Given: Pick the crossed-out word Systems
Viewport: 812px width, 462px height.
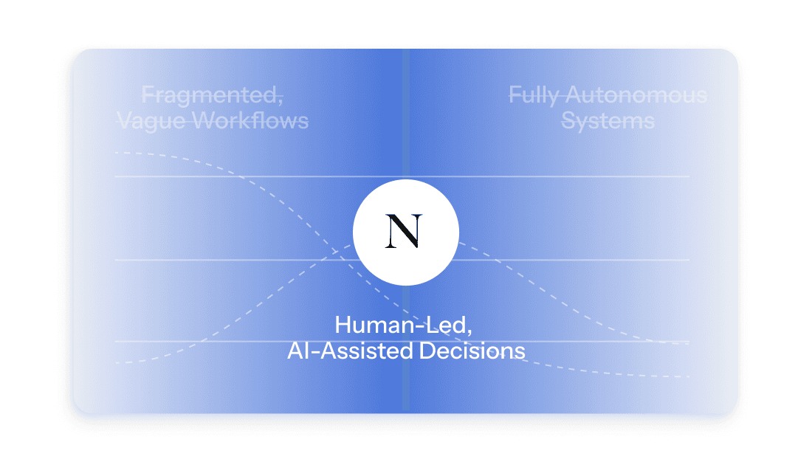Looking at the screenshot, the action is click(x=608, y=120).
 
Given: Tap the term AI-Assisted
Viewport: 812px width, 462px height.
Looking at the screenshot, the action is click(x=349, y=350).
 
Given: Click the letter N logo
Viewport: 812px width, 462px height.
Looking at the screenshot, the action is click(x=405, y=231).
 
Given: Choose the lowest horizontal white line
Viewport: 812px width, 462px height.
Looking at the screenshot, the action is click(x=221, y=342).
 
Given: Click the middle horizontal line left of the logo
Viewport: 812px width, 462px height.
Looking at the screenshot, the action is click(x=221, y=260).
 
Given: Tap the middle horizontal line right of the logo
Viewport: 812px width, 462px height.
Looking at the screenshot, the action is click(x=576, y=260).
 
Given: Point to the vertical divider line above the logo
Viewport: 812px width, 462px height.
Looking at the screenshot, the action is click(x=406, y=111).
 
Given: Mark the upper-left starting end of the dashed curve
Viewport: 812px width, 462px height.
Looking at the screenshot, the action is click(x=117, y=153).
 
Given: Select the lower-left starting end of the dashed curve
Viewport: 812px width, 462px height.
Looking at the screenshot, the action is click(x=117, y=363).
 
